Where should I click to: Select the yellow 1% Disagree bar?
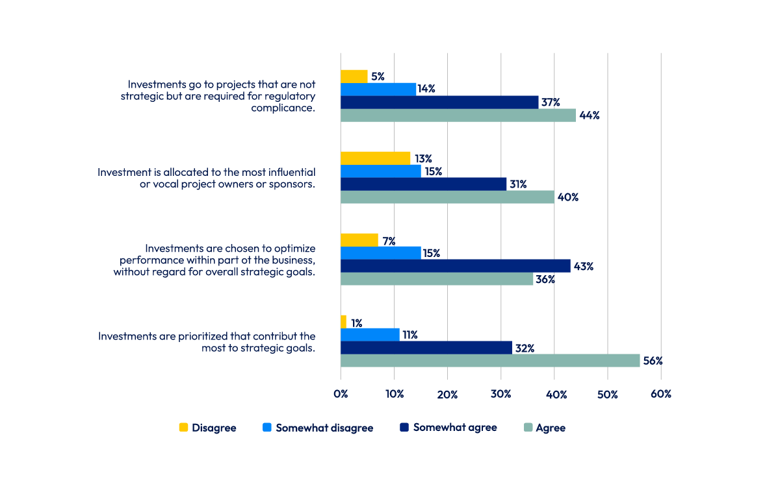pyautogui.click(x=343, y=322)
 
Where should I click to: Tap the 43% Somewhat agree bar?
pyautogui.click(x=455, y=266)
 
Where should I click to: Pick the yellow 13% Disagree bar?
pyautogui.click(x=375, y=158)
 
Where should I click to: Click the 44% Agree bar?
pyautogui.click(x=458, y=115)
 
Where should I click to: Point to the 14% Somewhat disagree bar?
pyautogui.click(x=378, y=90)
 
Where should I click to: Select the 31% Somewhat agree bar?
pyautogui.click(x=423, y=184)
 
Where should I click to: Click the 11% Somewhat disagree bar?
pyautogui.click(x=370, y=335)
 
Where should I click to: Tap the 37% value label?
pyautogui.click(x=550, y=102)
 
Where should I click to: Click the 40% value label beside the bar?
pyautogui.click(x=568, y=197)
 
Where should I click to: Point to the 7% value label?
pyautogui.click(x=389, y=241)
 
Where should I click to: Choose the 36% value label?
pyautogui.click(x=545, y=279)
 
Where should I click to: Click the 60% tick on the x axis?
pyautogui.click(x=660, y=394)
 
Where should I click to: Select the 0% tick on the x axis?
pyautogui.click(x=341, y=394)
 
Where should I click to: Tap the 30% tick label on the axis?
pyautogui.click(x=500, y=394)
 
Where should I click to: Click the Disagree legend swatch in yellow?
pyautogui.click(x=183, y=428)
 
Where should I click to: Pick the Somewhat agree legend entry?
pyautogui.click(x=454, y=427)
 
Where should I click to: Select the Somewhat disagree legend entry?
pyautogui.click(x=324, y=428)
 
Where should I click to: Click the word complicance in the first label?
pyautogui.click(x=283, y=108)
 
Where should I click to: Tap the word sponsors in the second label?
pyautogui.click(x=293, y=184)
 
